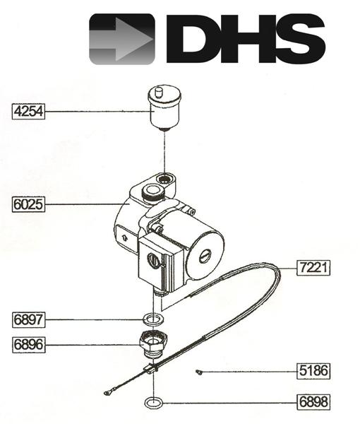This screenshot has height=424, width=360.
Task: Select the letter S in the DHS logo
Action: click(x=295, y=39)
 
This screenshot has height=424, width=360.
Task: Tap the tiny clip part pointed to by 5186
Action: click(x=200, y=370)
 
